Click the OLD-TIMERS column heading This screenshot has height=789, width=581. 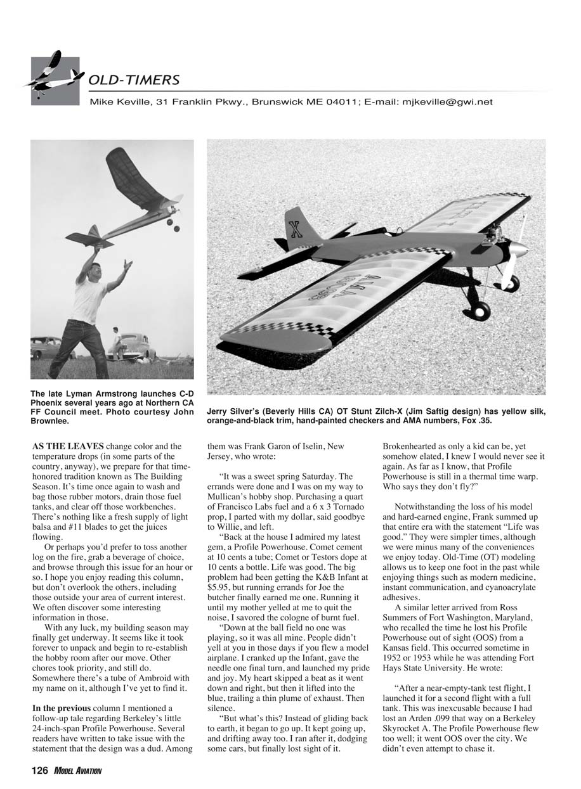coord(134,80)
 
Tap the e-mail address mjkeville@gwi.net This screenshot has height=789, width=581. coord(448,101)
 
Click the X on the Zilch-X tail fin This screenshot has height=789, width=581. coord(296,229)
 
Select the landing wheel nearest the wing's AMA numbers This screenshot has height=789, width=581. coord(480,310)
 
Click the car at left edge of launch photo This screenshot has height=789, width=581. coord(44,347)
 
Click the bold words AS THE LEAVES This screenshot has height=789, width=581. coord(68,446)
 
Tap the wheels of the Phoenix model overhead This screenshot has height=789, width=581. coord(173,225)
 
